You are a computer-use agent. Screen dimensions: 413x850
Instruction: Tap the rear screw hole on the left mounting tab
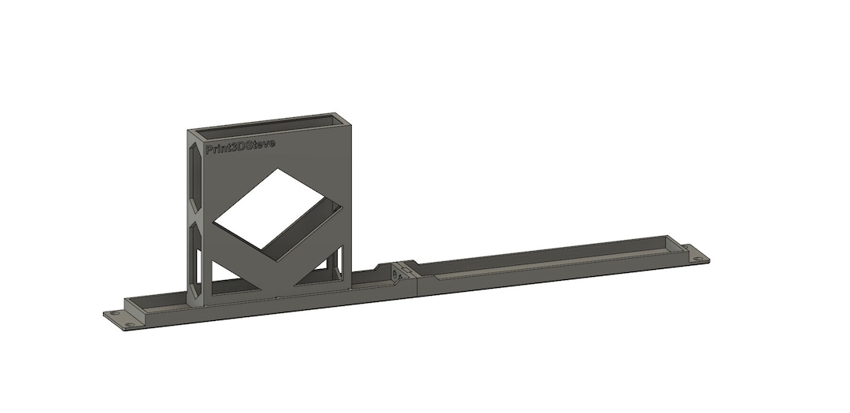tap(115, 313)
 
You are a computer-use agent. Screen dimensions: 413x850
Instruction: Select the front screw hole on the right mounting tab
tap(698, 259)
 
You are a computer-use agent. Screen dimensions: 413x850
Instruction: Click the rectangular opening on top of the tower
tap(268, 124)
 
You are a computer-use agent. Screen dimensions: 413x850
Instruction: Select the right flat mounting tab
tap(693, 253)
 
